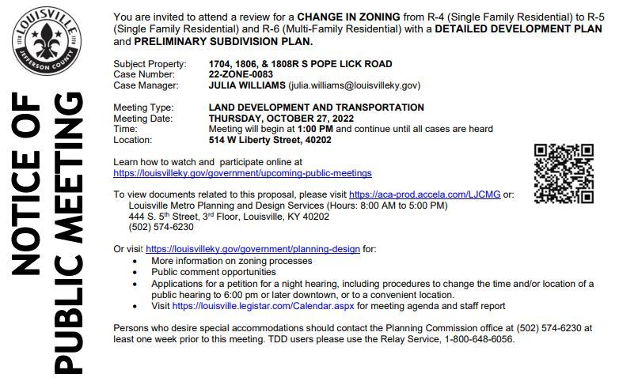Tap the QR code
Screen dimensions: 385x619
click(564, 173)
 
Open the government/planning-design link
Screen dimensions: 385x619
click(253, 248)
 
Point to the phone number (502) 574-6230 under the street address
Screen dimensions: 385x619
click(161, 227)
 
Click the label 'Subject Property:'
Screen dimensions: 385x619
click(150, 63)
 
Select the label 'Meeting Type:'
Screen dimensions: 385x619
click(143, 107)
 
